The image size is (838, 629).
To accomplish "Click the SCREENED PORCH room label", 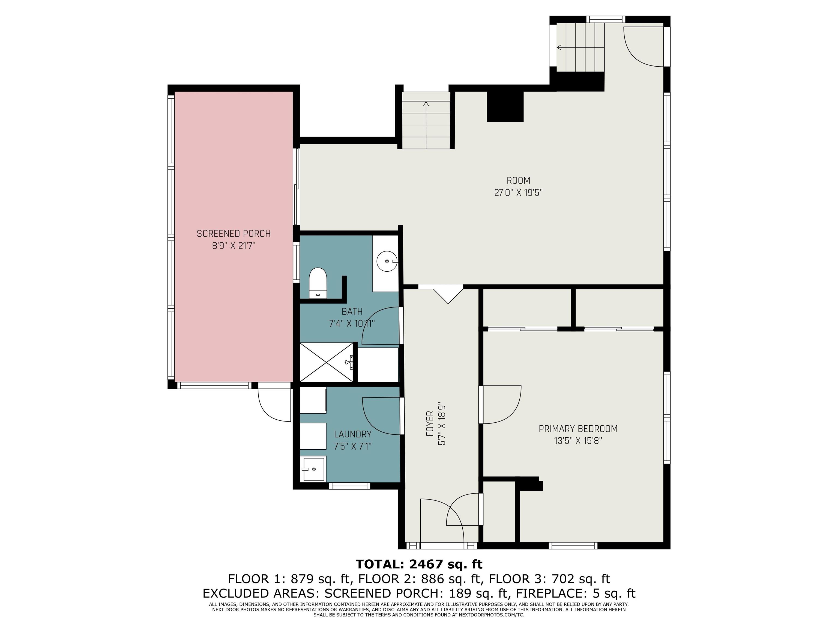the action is tap(234, 233).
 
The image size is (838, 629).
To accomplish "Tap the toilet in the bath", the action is tap(318, 283).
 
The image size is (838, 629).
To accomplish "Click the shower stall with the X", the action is tap(326, 362).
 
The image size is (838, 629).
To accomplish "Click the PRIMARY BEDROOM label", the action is tap(578, 429).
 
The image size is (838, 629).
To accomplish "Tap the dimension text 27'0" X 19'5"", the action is tap(518, 193).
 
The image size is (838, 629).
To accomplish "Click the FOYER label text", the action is tap(430, 423).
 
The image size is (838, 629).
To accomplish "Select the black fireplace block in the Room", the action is tap(505, 106).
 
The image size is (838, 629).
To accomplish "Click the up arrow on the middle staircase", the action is tap(426, 125).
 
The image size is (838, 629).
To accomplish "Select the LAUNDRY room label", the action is tap(352, 434).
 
